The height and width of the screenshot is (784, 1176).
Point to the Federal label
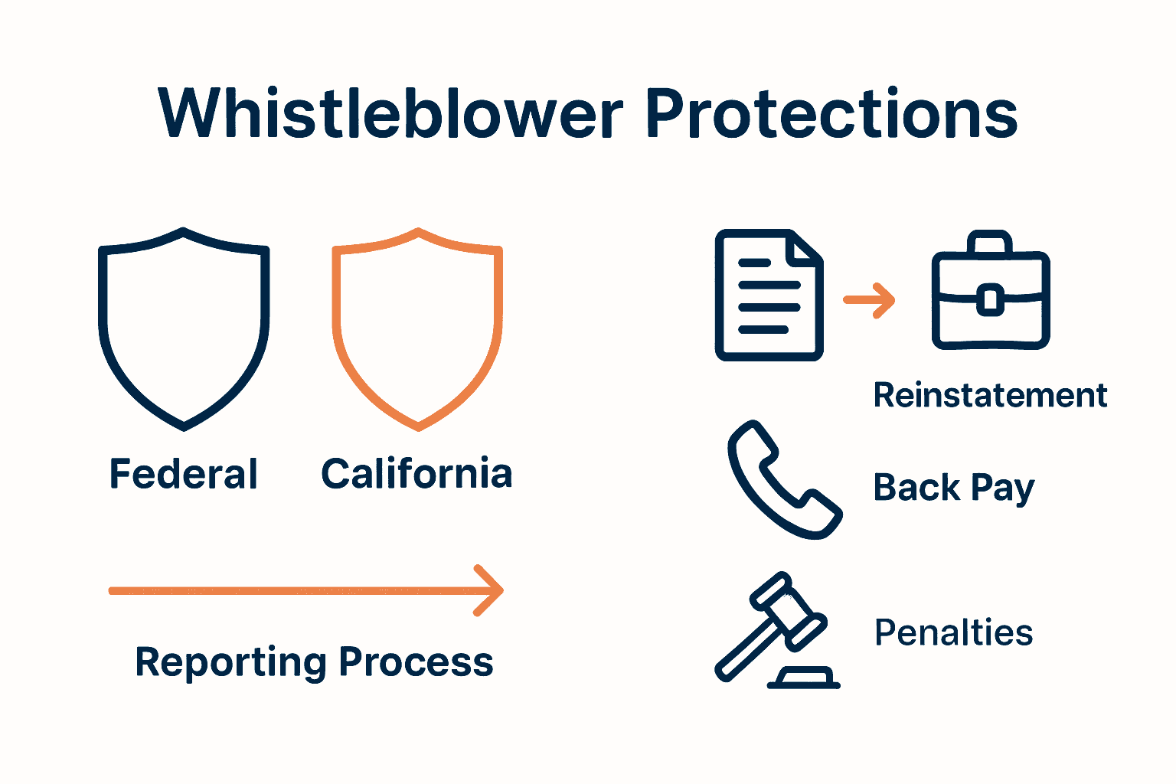pos(184,474)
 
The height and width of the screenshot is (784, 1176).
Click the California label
pos(416,474)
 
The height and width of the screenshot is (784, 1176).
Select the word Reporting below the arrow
pos(230,662)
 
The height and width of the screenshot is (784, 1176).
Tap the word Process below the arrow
pos(416,662)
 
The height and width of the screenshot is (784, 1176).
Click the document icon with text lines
pos(768,296)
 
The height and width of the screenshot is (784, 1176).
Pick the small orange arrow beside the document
pos(869,300)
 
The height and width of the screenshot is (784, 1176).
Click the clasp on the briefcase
pos(990,299)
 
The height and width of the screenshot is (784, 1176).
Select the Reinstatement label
pos(990,396)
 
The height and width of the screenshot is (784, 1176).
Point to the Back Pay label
pos(954,488)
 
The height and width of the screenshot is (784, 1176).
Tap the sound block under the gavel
pos(804,678)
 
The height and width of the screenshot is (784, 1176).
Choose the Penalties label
pos(954,633)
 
